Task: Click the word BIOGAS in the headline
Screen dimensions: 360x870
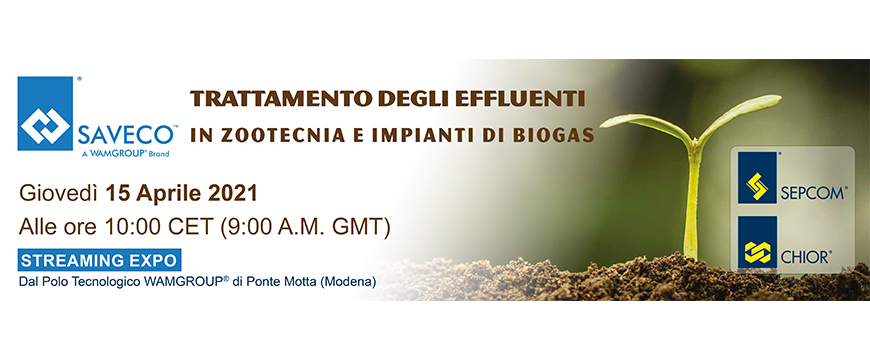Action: click(x=558, y=134)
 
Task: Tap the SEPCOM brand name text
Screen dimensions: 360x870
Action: click(x=814, y=190)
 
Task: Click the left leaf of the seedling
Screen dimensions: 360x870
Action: click(x=642, y=127)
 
